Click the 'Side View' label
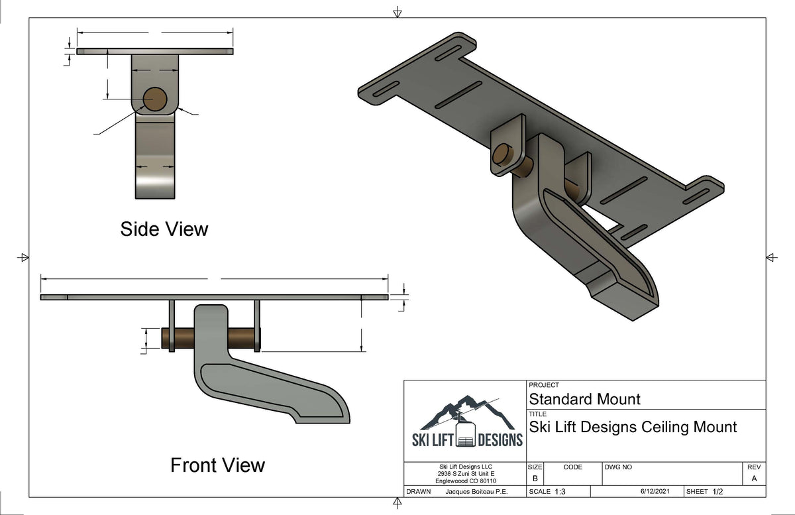(x=164, y=229)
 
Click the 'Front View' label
(x=217, y=465)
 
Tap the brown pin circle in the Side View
(x=154, y=99)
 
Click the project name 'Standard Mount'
(x=584, y=399)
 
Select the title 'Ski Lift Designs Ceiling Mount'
(x=633, y=427)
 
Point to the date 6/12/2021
(x=657, y=492)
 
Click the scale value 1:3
(x=560, y=492)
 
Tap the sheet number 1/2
(x=717, y=492)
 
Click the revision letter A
(x=754, y=479)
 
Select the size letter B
(x=535, y=479)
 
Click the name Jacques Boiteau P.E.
(x=475, y=492)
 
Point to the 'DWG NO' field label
(x=618, y=467)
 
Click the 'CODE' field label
(x=572, y=467)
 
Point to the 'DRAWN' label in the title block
(x=419, y=492)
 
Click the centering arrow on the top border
(x=397, y=12)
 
